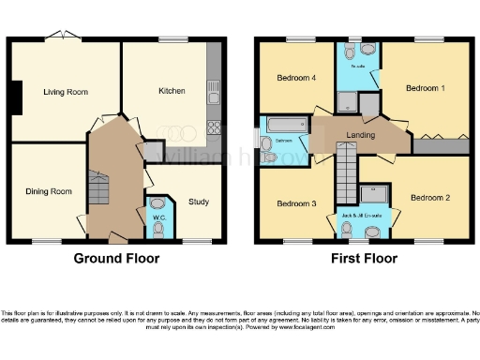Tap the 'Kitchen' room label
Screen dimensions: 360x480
click(172, 91)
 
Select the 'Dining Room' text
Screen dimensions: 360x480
click(48, 191)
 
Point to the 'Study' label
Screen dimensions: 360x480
click(198, 202)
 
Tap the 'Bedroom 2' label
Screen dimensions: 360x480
click(431, 197)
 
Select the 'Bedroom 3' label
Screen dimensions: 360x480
click(295, 202)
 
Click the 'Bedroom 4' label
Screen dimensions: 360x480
click(296, 78)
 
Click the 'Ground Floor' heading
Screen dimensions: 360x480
click(116, 258)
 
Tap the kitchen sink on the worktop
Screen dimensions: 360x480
click(214, 92)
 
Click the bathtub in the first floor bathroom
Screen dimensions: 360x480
click(287, 124)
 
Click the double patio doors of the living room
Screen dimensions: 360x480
click(63, 37)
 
